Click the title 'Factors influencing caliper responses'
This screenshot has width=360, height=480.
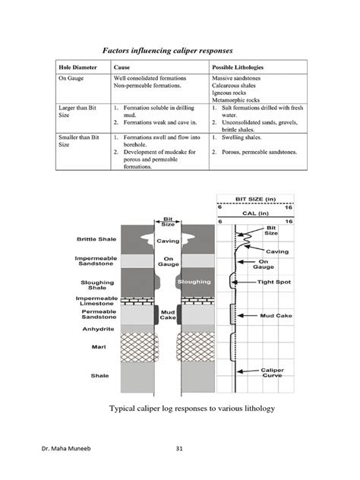[179, 50]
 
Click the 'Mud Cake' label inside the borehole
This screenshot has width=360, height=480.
[168, 314]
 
